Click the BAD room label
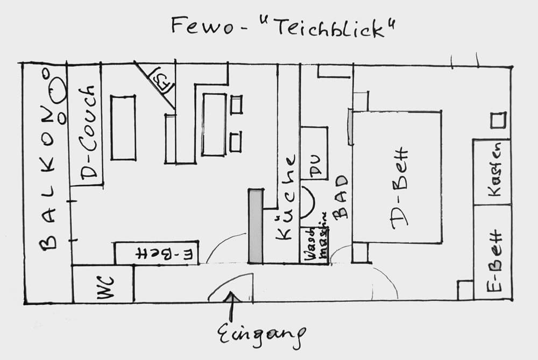pyautogui.click(x=341, y=198)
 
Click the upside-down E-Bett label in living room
pyautogui.click(x=157, y=253)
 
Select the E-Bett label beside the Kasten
pyautogui.click(x=494, y=260)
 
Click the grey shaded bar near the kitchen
pyautogui.click(x=256, y=226)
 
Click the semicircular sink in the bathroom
pyautogui.click(x=307, y=202)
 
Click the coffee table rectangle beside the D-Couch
pyautogui.click(x=123, y=128)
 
